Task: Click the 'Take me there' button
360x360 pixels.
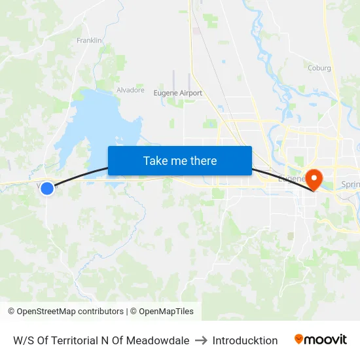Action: click(179, 161)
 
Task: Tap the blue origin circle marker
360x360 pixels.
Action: click(47, 189)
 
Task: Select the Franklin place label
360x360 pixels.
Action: click(89, 41)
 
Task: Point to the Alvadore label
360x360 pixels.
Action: click(130, 90)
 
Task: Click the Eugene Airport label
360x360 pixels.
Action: click(177, 94)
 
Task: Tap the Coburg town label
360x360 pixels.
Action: click(319, 68)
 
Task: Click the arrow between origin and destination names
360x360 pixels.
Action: click(201, 340)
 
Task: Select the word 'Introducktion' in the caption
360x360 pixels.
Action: click(245, 340)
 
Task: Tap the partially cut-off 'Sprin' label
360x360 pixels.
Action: click(350, 185)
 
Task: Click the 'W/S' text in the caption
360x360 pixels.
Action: click(22, 340)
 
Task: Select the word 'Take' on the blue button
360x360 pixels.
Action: click(155, 161)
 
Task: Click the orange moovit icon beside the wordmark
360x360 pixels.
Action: click(299, 339)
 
